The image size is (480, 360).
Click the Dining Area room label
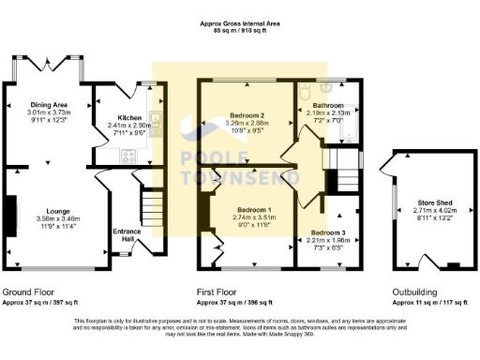tap(50, 104)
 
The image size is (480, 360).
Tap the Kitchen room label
tap(130, 118)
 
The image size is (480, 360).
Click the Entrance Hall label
tap(127, 232)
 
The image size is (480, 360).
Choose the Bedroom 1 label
tap(253, 209)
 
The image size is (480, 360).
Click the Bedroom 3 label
tap(329, 231)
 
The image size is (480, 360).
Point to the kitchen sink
tap(161, 122)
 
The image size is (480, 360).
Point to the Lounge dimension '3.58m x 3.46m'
tap(53, 219)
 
